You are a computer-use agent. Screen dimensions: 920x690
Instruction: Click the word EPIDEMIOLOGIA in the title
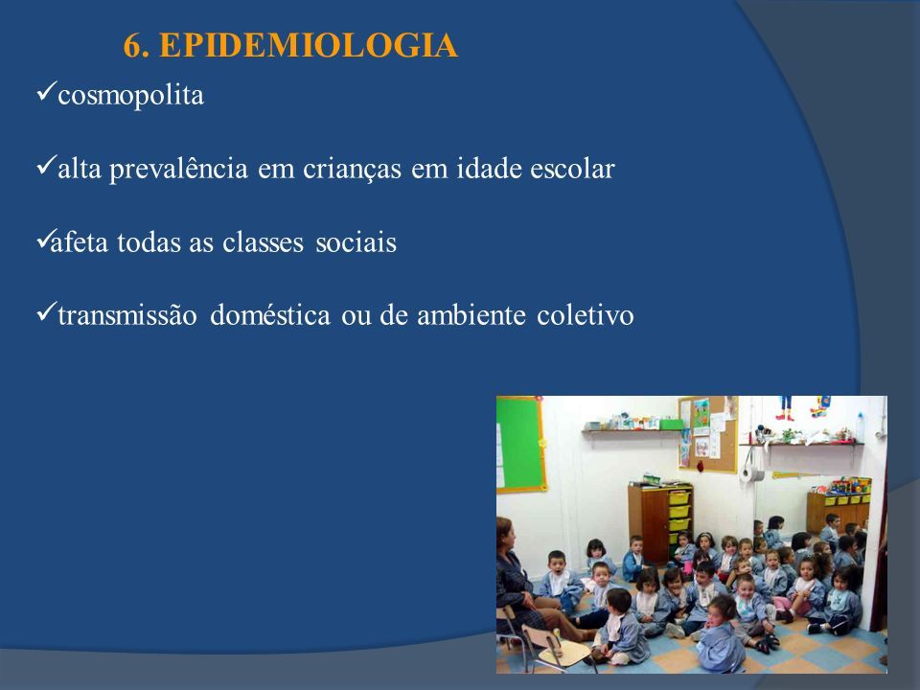coord(308,46)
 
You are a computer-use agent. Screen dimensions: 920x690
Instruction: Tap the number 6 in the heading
coord(132,46)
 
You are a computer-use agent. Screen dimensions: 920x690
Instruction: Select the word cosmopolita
coord(131,96)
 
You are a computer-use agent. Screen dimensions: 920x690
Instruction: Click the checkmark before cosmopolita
coord(46,92)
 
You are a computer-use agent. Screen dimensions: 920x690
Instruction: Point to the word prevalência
coord(178,170)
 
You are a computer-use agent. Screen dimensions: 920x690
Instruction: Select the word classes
coord(263,242)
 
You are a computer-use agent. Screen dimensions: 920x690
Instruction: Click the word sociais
coord(356,242)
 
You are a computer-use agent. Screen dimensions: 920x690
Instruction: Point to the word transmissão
coord(127,315)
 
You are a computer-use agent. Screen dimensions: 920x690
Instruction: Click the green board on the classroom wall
coord(518,444)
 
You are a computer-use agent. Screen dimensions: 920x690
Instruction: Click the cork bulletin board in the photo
coord(707,434)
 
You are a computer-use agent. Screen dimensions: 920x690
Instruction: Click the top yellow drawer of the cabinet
coord(678,498)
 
